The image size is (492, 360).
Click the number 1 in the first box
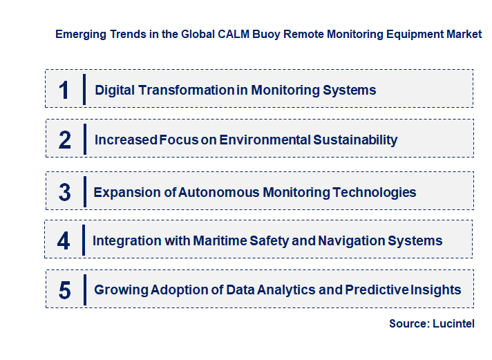point(64,90)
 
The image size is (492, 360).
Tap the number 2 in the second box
point(65,140)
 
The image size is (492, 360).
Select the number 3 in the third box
point(65,192)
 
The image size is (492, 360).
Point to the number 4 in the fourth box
point(64,241)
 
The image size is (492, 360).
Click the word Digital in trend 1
point(115,90)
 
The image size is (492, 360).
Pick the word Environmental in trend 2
point(265,140)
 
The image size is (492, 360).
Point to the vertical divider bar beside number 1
point(84,89)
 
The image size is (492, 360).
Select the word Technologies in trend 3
point(375,192)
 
